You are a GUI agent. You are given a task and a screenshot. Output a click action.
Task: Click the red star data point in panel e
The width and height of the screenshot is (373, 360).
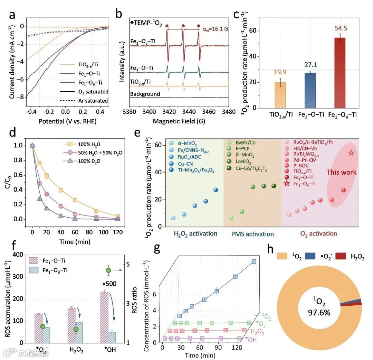coord(351,153)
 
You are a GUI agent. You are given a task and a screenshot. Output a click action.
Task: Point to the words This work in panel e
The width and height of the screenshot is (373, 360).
coord(342,172)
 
